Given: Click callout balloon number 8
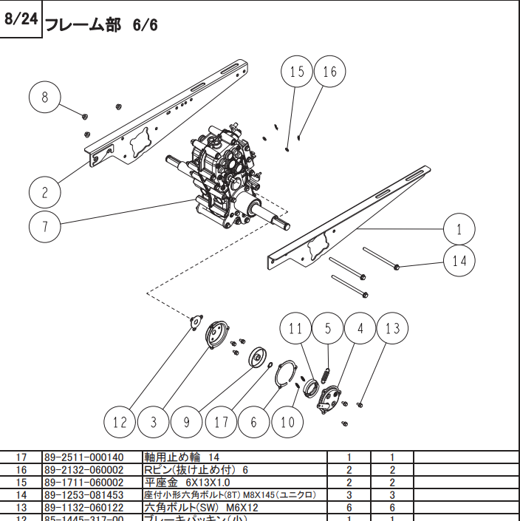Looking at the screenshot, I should pos(46,98).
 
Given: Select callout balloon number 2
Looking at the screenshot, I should pos(45,192).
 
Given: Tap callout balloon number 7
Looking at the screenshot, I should pos(46,225).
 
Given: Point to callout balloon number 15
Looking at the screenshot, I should pos(296,72).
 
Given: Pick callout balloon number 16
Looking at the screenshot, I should pos(329,72).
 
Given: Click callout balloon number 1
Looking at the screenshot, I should pos(459,228).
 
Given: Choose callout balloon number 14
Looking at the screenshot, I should pos(459,261).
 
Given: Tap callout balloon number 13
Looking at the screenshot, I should pos(392,328).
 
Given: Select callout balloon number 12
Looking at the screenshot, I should pos(120,422).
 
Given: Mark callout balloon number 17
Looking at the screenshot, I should pos(221,422).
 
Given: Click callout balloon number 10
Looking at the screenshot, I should pos(287,422).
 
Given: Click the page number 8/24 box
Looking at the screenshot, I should pos(21,20).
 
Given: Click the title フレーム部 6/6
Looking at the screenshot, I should pos(102,24).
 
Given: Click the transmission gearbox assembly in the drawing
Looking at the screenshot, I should pos(222,177).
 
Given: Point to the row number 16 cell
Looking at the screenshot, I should pos(21,470).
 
